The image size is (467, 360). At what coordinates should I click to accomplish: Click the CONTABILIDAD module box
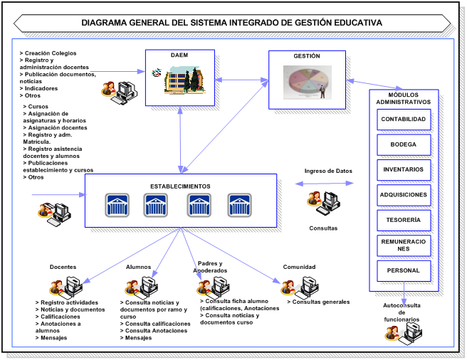click(x=404, y=120)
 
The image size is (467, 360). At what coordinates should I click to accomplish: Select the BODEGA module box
click(x=404, y=144)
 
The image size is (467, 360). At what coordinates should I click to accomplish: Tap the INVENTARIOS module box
click(x=404, y=170)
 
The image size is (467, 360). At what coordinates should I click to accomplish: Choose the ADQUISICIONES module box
click(x=404, y=195)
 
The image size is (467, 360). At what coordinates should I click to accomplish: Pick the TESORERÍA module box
click(x=404, y=221)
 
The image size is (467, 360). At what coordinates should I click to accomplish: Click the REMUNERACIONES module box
click(x=404, y=245)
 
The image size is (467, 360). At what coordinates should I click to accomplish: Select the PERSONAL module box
click(x=404, y=271)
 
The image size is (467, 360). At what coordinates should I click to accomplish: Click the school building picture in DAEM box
click(x=182, y=80)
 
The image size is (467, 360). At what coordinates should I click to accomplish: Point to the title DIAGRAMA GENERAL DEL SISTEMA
click(x=231, y=23)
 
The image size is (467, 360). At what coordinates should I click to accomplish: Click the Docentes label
click(x=63, y=268)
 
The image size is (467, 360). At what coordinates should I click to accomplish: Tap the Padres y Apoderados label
click(x=210, y=267)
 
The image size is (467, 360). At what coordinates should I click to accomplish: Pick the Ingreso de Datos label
click(x=328, y=171)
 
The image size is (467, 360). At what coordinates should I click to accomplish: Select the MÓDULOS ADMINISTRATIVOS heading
click(x=404, y=98)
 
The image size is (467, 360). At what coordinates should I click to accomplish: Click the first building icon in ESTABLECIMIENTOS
click(x=117, y=205)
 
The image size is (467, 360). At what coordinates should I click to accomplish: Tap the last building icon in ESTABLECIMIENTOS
click(x=239, y=205)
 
